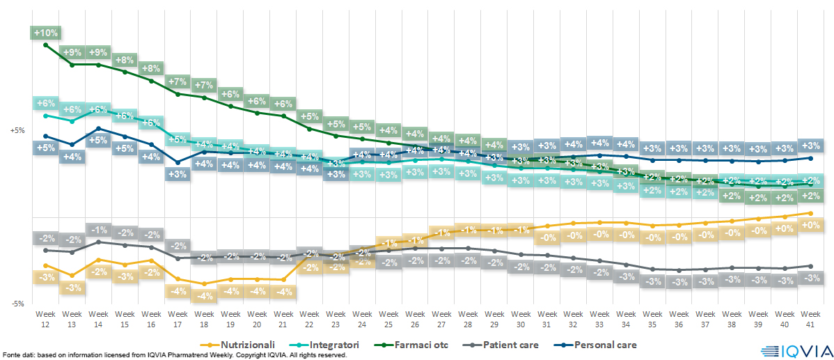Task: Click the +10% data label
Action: tap(45, 33)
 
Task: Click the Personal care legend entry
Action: tap(599, 345)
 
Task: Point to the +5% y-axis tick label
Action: tap(17, 130)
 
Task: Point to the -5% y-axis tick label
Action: tap(17, 304)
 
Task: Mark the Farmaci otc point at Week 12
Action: tap(45, 45)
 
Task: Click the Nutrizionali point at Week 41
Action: tap(809, 213)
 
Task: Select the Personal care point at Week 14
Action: tap(98, 128)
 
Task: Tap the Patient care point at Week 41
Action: tap(809, 265)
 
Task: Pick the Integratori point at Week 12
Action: tap(45, 116)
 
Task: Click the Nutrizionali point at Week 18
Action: tap(203, 284)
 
